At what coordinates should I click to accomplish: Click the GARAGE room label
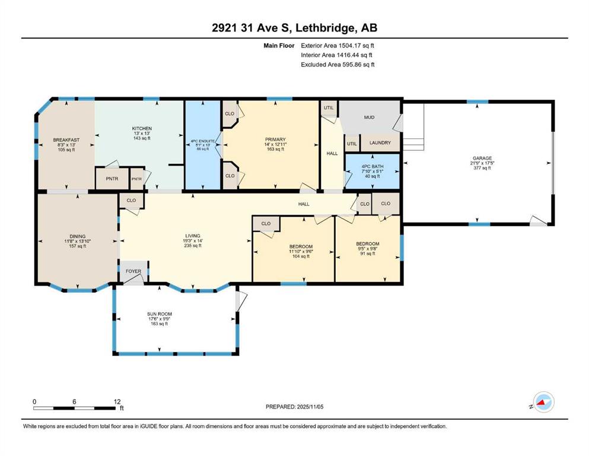point(482,159)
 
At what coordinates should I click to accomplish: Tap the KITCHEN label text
point(142,129)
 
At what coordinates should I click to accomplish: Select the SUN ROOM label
point(160,314)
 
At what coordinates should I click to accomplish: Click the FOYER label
point(133,271)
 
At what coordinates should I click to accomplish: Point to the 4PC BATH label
point(372,166)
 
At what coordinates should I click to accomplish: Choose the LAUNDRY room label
point(380,143)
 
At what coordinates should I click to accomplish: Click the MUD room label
point(370,118)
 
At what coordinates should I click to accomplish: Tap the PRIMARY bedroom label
point(275,140)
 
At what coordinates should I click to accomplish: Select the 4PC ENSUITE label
point(203,141)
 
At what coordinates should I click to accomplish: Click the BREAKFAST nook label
point(66,140)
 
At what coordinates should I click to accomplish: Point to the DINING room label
point(77,236)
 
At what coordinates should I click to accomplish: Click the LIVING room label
point(193,236)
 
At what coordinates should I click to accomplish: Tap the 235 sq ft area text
point(193,245)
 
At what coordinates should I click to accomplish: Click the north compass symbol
point(543,402)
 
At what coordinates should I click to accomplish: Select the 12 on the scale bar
point(117,401)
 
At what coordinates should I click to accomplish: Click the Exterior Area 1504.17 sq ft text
point(338,46)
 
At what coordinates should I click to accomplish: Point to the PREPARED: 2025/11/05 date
point(294,407)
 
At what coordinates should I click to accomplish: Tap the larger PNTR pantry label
point(112,179)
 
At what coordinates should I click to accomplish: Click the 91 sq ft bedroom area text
point(368,254)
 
